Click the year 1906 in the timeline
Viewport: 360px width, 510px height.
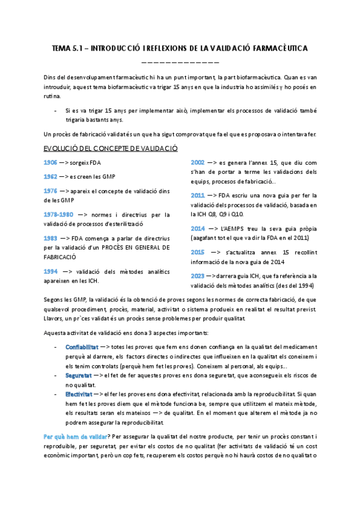point(51,163)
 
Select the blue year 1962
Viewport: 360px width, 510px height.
point(51,176)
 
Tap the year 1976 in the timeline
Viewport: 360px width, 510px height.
point(51,190)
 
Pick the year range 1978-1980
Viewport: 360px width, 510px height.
point(59,214)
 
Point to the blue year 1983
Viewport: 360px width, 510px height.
point(51,238)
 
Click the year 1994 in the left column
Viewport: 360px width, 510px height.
point(51,271)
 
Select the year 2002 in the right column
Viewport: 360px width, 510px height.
point(197,162)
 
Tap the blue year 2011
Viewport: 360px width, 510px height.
point(197,195)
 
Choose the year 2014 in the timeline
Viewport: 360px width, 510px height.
point(197,229)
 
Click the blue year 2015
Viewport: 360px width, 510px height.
point(197,252)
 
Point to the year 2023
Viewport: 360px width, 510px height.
point(197,275)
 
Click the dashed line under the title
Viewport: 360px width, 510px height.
point(180,61)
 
